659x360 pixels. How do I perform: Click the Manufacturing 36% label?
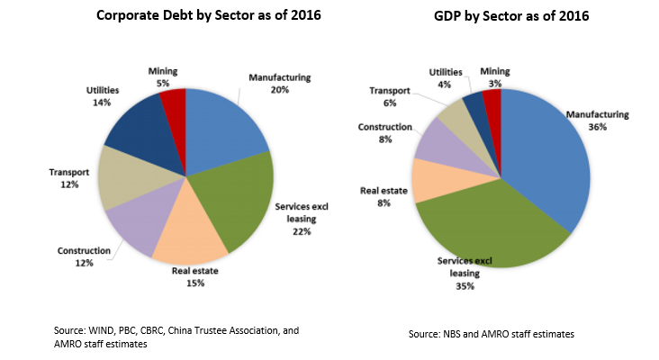click(x=597, y=121)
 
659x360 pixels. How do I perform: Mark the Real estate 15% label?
click(x=196, y=277)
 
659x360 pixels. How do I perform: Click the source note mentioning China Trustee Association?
click(x=176, y=337)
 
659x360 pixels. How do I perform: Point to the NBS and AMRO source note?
click(x=494, y=334)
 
